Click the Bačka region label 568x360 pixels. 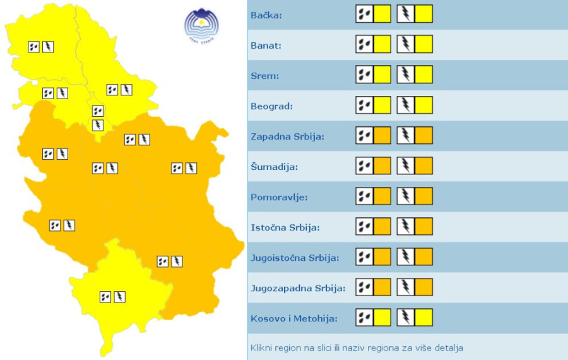tap(266, 15)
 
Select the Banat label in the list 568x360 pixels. tap(266, 45)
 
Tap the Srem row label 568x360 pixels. tap(264, 76)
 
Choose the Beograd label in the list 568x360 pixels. tap(271, 106)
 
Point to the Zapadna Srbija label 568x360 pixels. tap(287, 136)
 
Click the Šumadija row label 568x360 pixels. tap(274, 167)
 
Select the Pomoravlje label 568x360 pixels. tap(279, 197)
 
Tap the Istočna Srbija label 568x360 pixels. tap(285, 227)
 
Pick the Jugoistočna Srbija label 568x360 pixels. tap(295, 258)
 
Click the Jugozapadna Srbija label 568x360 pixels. tap(298, 288)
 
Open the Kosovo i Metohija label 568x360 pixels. tap(294, 318)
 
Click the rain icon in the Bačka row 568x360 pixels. tap(364, 14)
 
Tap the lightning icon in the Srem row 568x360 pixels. tap(405, 75)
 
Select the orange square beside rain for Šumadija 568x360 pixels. tap(382, 165)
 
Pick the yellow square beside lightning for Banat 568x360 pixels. tap(423, 44)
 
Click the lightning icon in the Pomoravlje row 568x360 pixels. tap(405, 196)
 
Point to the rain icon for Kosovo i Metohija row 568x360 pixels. tap(364, 317)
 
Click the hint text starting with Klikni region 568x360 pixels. tap(357, 348)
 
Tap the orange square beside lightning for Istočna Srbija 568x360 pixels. tap(423, 226)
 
